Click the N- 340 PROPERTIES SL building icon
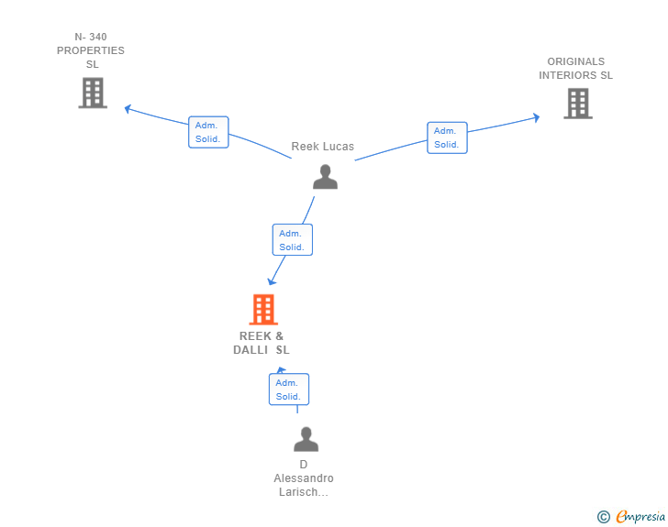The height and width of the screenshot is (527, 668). pyautogui.click(x=93, y=93)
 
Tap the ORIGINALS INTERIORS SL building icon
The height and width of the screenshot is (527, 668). pyautogui.click(x=578, y=104)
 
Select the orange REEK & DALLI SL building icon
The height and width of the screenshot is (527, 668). pyautogui.click(x=263, y=310)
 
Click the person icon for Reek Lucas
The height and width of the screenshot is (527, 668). pyautogui.click(x=325, y=177)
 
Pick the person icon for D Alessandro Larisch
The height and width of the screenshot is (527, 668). pyautogui.click(x=306, y=439)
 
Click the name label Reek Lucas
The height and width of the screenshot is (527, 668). pyautogui.click(x=322, y=147)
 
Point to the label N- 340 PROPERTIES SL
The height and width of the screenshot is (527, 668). pyautogui.click(x=91, y=50)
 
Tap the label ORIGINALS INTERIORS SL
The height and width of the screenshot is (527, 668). pyautogui.click(x=575, y=69)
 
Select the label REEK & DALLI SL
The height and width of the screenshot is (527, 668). pyautogui.click(x=262, y=343)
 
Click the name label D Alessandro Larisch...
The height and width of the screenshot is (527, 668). pyautogui.click(x=304, y=478)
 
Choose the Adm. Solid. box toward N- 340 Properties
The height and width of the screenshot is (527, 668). pyautogui.click(x=208, y=132)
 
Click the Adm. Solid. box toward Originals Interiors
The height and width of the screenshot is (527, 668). pyautogui.click(x=447, y=137)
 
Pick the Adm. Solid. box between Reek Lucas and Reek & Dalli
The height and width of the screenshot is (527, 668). pyautogui.click(x=292, y=239)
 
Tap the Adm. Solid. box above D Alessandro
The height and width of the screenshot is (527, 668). pyautogui.click(x=289, y=390)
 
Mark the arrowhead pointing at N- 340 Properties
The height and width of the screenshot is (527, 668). pyautogui.click(x=128, y=108)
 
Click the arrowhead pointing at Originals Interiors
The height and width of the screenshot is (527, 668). pyautogui.click(x=537, y=117)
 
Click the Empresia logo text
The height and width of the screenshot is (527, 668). pyautogui.click(x=640, y=516)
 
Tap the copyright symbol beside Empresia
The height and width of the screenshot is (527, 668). pyautogui.click(x=603, y=517)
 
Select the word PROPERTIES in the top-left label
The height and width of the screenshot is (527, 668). pyautogui.click(x=91, y=50)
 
